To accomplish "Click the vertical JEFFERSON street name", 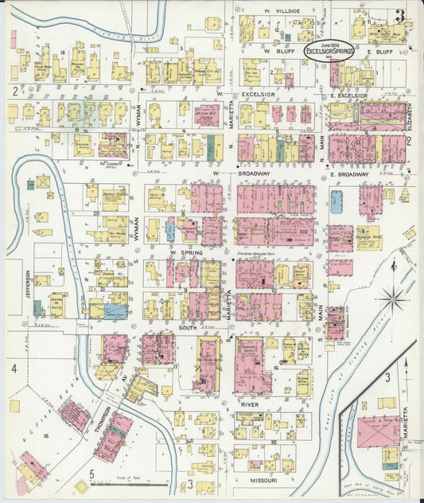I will [x=27, y=284].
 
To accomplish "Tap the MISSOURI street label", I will [x=260, y=482].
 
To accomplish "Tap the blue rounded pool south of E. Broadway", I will [x=336, y=201].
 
